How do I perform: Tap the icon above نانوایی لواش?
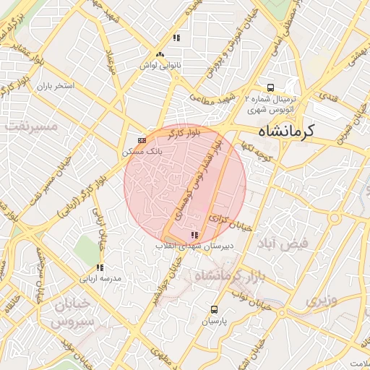(x=160, y=54)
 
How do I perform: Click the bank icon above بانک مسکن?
(x=142, y=140)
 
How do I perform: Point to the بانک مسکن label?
(x=142, y=152)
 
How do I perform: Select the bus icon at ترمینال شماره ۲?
(x=271, y=85)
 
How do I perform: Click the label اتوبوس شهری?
(x=269, y=111)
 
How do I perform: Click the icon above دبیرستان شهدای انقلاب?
(x=193, y=235)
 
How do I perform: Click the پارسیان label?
(x=214, y=320)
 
